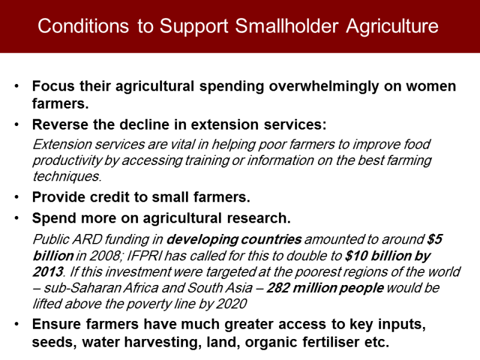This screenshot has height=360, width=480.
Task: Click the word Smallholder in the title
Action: click(x=287, y=26)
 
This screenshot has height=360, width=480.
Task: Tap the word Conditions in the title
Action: click(x=83, y=26)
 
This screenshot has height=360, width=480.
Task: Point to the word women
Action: click(x=431, y=86)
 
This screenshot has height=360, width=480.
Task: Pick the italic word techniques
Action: click(x=67, y=176)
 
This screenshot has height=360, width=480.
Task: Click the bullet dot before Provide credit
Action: click(x=17, y=197)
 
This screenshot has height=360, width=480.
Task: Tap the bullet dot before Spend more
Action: click(x=17, y=218)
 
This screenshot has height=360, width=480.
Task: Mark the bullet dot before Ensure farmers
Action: click(x=17, y=324)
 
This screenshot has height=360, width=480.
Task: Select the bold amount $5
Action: click(x=435, y=239)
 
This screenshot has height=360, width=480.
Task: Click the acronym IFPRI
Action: click(x=144, y=256)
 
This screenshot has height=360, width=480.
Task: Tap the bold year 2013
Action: click(x=49, y=272)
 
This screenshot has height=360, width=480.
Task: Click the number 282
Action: click(x=278, y=288)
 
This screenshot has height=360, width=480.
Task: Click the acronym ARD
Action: click(x=86, y=239)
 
